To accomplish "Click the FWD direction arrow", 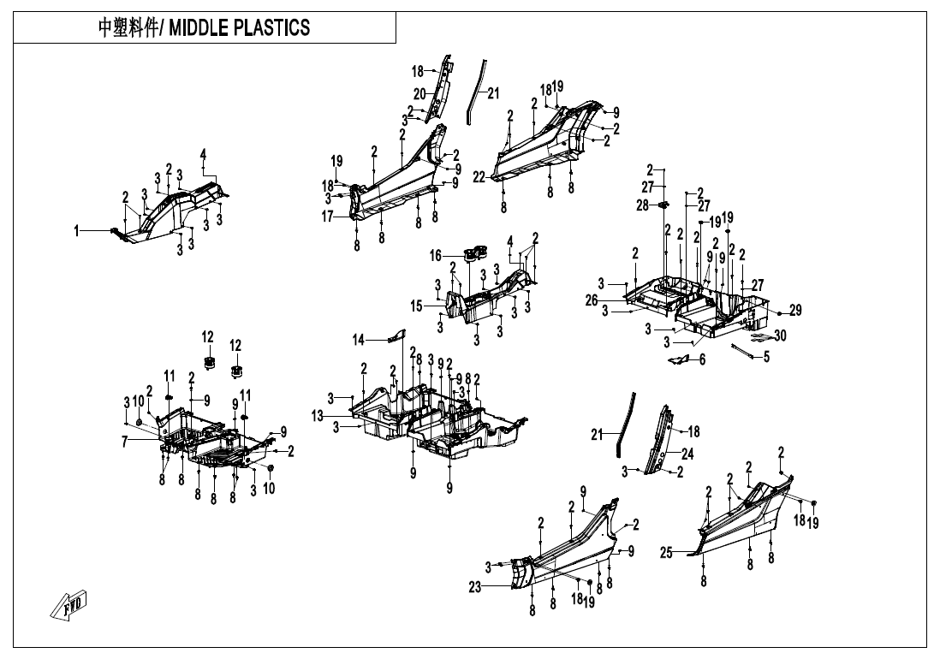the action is pyautogui.click(x=69, y=605).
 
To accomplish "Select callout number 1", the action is pyautogui.click(x=76, y=231).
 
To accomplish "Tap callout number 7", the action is pyautogui.click(x=125, y=442).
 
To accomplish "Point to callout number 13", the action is pyautogui.click(x=318, y=416).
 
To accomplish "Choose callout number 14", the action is pyautogui.click(x=359, y=341).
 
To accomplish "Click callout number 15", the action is pyautogui.click(x=417, y=306).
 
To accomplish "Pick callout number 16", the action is pyautogui.click(x=435, y=256).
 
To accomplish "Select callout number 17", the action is pyautogui.click(x=327, y=217).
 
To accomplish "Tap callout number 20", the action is pyautogui.click(x=419, y=94).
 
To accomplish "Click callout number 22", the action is pyautogui.click(x=479, y=177).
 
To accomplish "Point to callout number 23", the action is pyautogui.click(x=475, y=588).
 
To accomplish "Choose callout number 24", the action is pyautogui.click(x=687, y=454).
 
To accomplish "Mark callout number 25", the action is pyautogui.click(x=667, y=552).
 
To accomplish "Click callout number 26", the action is pyautogui.click(x=592, y=300).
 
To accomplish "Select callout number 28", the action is pyautogui.click(x=643, y=205).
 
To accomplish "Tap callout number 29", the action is pyautogui.click(x=795, y=311).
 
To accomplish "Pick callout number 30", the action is pyautogui.click(x=780, y=335).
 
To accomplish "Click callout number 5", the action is pyautogui.click(x=766, y=358).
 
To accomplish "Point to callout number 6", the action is pyautogui.click(x=702, y=359).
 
